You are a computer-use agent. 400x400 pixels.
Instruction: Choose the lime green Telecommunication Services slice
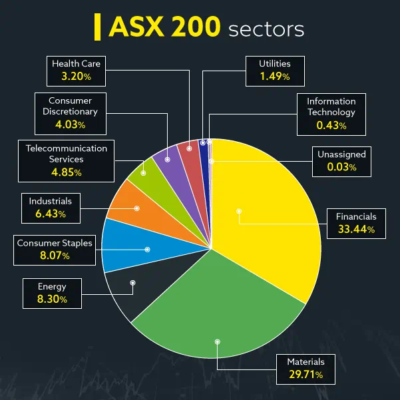point(144,173)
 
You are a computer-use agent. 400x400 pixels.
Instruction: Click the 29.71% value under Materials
point(305,375)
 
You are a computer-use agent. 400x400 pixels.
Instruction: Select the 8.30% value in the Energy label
point(53,300)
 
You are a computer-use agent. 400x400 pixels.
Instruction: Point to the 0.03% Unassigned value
point(341,167)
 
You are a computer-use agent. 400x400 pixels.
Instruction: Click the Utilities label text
point(275,64)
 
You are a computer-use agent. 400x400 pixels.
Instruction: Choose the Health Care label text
point(75,64)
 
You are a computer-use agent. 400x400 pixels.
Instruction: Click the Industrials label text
point(50,200)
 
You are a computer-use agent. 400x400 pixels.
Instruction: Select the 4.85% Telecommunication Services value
point(66,172)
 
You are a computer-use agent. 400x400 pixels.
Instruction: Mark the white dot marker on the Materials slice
point(216,341)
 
